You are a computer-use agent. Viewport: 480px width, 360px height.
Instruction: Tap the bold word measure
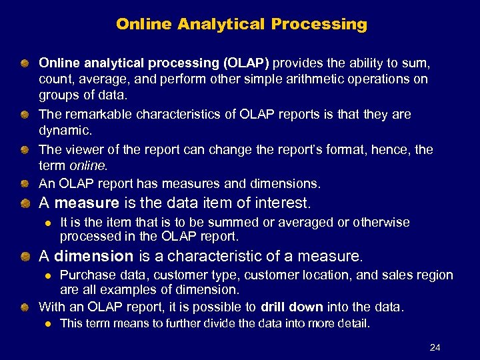click(86, 202)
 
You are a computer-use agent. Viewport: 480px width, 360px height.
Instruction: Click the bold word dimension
click(94, 255)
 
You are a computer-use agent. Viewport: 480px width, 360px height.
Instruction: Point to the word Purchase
click(85, 275)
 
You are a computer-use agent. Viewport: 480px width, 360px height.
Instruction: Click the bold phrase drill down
click(292, 307)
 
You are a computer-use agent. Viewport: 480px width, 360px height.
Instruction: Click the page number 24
click(435, 347)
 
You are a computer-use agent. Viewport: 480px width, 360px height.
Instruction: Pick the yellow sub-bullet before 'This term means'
click(47, 324)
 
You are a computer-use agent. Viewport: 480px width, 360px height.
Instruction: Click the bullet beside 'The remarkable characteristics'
click(25, 115)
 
